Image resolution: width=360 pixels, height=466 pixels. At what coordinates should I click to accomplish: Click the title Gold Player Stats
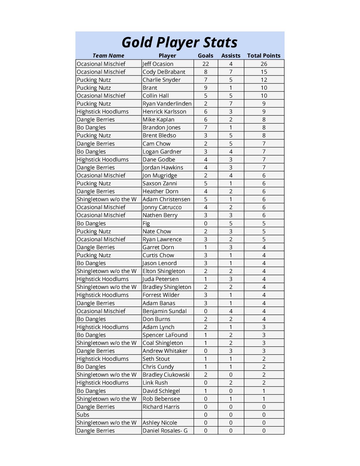[x=180, y=43]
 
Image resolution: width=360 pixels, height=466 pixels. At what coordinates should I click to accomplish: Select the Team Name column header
[x=108, y=56]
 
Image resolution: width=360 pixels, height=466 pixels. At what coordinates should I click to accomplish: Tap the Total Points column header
[x=264, y=56]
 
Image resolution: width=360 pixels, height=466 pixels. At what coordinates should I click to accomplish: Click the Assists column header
[x=231, y=56]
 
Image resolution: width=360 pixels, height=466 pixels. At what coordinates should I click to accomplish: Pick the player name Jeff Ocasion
[x=158, y=64]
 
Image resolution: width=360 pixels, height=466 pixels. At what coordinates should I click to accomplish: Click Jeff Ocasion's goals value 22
[x=205, y=64]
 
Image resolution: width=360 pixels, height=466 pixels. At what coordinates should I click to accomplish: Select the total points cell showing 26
[x=264, y=64]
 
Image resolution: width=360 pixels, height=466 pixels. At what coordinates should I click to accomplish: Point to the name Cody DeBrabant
[x=164, y=72]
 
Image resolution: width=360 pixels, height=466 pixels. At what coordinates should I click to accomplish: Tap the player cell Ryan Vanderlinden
[x=167, y=104]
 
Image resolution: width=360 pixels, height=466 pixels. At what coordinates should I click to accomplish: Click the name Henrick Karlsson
[x=164, y=112]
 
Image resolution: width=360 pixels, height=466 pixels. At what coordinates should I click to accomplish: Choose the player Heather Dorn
[x=160, y=191]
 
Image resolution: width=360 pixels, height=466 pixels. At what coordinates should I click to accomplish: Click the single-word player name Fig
[x=146, y=223]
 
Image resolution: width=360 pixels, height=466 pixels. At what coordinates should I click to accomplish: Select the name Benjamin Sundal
[x=164, y=311]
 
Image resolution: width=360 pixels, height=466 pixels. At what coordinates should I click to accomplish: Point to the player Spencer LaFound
[x=165, y=335]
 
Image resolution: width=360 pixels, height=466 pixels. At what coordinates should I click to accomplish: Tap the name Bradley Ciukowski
[x=166, y=375]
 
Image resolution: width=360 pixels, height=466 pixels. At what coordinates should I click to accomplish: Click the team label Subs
[x=83, y=415]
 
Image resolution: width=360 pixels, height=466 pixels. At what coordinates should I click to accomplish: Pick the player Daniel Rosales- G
[x=165, y=431]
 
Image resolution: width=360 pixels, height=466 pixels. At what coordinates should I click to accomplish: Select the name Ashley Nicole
[x=159, y=423]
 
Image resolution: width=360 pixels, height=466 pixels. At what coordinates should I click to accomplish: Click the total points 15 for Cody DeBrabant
[x=264, y=72]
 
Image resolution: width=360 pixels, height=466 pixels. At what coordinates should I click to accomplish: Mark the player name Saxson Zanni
[x=159, y=183]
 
